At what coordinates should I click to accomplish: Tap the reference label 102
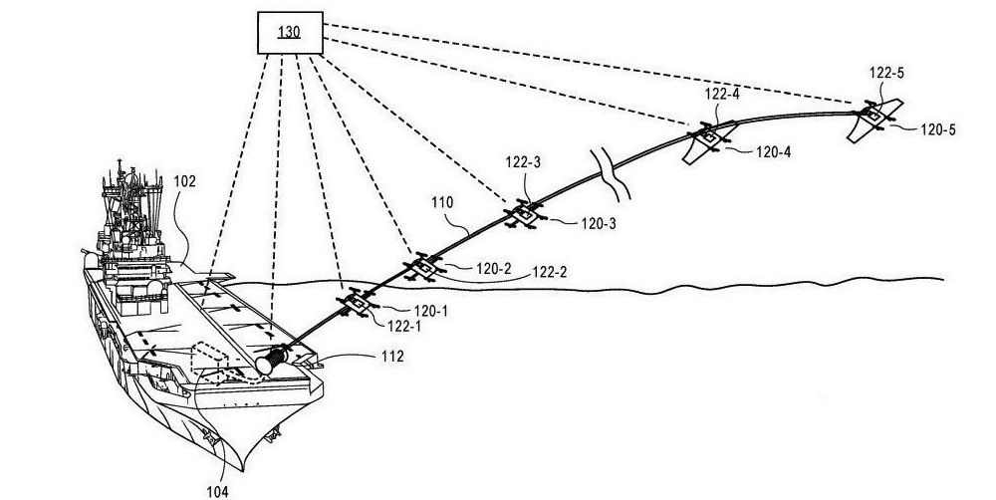[x=184, y=182]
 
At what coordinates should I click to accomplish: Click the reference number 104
[x=216, y=489]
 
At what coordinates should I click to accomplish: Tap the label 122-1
[x=403, y=326]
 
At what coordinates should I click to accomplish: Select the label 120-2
[x=493, y=267]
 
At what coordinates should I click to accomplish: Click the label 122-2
[x=552, y=271]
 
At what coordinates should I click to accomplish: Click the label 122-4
[x=722, y=94]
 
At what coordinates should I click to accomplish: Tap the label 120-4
[x=773, y=152]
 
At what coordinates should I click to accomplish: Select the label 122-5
[x=887, y=72]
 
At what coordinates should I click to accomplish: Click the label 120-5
[x=937, y=129]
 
